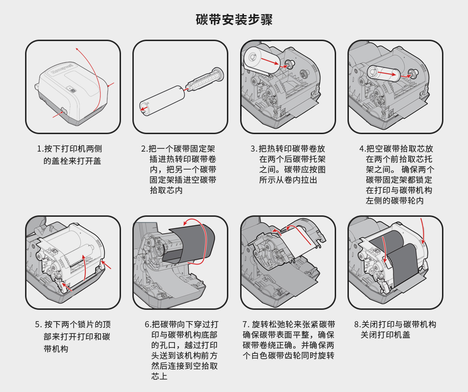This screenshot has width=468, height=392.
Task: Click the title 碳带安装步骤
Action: coord(234,20)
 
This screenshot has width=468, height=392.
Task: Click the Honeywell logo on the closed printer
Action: coord(62,68)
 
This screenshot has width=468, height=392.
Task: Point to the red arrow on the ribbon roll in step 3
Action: coord(272,62)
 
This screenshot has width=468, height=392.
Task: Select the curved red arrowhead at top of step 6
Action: coord(186,222)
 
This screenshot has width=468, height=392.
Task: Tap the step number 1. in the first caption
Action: coord(40,149)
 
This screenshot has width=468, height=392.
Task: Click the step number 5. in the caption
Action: coord(38,324)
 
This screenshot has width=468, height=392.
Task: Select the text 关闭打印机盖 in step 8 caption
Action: coord(385,335)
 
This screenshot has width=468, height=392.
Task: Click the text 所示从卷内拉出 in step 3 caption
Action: coord(288,180)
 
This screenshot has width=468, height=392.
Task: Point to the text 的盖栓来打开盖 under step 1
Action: coord(72,161)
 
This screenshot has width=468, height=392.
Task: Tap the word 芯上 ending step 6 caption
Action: coord(159,376)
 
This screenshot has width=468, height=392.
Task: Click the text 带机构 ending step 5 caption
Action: coord(56,349)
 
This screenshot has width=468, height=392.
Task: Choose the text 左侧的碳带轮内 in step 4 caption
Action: coord(395,201)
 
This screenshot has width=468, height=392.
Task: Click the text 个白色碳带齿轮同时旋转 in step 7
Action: coord(288,356)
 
